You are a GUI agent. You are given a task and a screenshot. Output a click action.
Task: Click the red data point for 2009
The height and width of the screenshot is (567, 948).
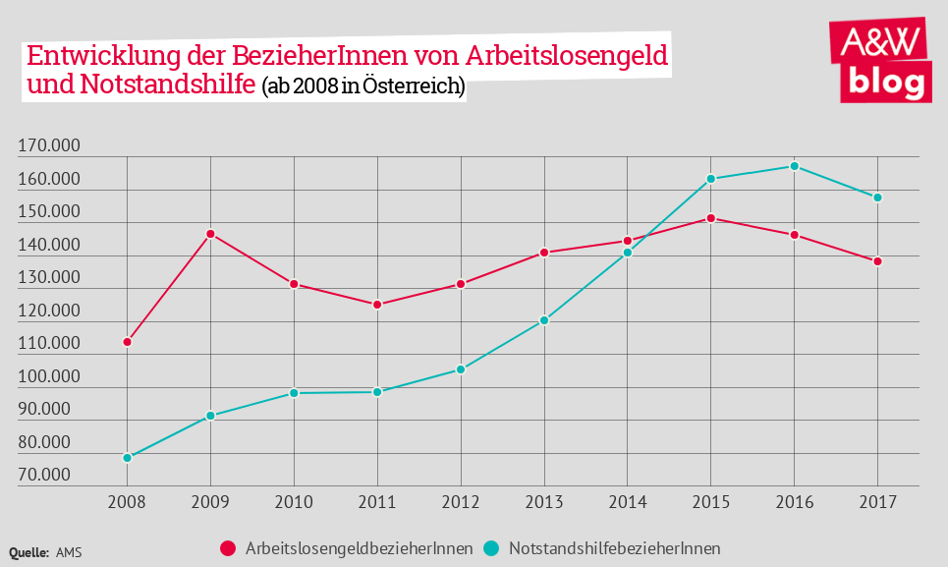click(210, 234)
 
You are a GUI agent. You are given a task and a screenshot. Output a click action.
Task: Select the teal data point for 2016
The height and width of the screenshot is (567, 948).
click(794, 166)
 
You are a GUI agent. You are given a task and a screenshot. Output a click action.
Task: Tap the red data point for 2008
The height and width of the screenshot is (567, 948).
click(128, 342)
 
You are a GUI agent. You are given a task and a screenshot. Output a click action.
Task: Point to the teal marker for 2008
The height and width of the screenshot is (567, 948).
click(128, 458)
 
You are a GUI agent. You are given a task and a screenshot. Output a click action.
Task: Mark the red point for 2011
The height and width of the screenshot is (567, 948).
click(377, 305)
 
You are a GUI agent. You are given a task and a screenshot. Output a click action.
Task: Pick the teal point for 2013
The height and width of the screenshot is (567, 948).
click(543, 320)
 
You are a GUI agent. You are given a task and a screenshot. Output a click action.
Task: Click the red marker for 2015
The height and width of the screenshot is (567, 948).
click(710, 218)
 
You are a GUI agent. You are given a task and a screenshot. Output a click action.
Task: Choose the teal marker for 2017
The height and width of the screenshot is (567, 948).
click(877, 198)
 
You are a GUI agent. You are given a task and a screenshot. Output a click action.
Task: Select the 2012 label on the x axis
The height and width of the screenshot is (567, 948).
click(461, 503)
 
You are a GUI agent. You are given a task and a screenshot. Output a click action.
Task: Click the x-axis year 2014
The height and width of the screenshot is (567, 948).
click(627, 503)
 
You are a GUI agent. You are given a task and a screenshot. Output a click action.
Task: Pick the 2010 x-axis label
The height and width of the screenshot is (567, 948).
click(294, 503)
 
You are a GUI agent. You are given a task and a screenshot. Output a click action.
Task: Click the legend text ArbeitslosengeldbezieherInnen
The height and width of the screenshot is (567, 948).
click(360, 547)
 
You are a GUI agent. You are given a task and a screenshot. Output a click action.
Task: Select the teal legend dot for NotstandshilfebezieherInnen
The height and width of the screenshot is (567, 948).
click(492, 547)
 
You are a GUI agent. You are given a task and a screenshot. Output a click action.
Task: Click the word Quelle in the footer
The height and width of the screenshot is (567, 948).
click(28, 552)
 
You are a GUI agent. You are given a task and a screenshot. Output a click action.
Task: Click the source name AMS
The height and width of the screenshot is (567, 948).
click(70, 552)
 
